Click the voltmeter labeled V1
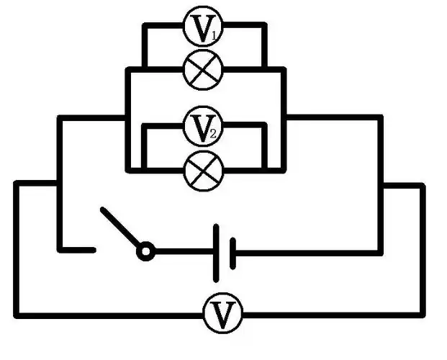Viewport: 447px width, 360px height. coord(204,27)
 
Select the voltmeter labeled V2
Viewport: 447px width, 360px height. coord(204,127)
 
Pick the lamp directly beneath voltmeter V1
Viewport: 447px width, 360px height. coord(204,70)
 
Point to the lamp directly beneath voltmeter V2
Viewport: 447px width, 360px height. coord(204,171)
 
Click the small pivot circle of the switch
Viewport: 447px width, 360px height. coord(146,252)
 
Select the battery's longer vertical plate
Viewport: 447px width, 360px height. coord(216,253)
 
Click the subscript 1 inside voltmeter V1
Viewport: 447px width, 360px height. coord(215,33)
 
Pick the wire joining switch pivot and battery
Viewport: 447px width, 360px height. coord(184,252)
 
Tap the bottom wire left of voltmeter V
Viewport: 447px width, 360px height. coord(108,314)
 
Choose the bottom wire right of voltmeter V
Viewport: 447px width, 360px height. coord(331,314)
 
